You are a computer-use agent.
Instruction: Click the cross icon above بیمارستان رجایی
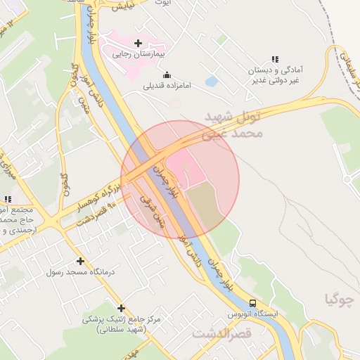pos(138,43)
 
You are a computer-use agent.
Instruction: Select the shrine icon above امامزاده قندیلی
pos(167,75)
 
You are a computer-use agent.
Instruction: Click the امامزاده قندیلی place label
pos(167,86)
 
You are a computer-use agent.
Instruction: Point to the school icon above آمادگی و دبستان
pos(274,60)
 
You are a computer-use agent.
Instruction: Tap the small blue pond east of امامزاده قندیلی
pos(211,82)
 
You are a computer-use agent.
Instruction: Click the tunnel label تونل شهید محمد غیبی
pos(235,123)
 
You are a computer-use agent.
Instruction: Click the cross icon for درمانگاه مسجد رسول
pos(80,261)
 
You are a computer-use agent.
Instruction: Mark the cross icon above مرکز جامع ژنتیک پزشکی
pos(121,308)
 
